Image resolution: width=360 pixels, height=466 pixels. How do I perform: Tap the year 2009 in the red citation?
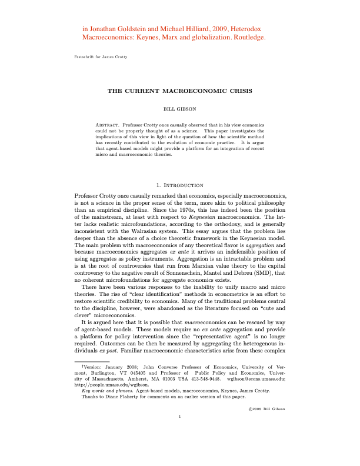(207, 27)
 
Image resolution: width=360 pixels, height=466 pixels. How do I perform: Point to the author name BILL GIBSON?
(180, 109)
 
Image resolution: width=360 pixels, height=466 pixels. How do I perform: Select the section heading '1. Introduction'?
(180, 185)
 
